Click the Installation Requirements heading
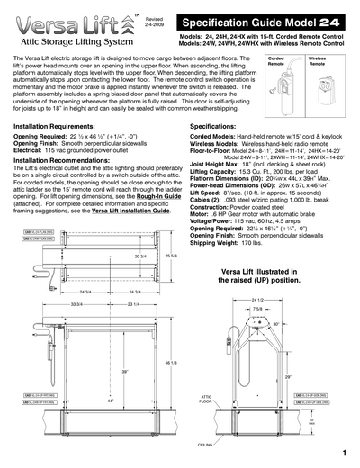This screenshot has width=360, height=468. coord(63,128)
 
